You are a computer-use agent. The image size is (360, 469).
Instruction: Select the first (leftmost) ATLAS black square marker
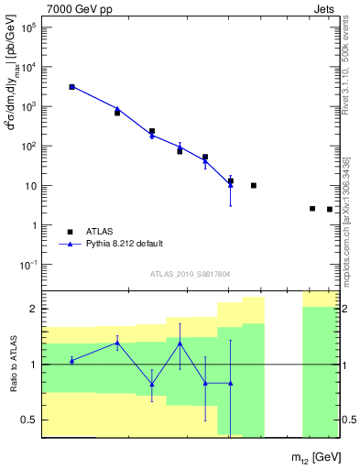click(x=71, y=87)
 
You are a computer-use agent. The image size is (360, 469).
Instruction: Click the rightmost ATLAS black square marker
click(x=330, y=210)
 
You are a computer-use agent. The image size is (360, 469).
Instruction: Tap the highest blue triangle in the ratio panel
click(x=117, y=343)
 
